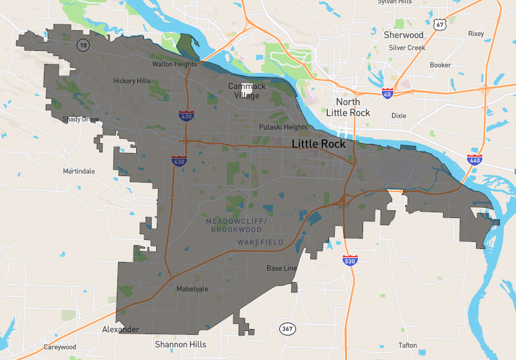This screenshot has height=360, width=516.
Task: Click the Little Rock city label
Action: pos(319,144)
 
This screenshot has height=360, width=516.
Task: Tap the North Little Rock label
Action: pos(348,108)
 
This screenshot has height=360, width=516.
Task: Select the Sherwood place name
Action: pos(404,35)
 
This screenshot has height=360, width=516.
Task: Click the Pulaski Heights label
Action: pos(283,127)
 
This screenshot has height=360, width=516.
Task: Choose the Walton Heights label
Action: pos(174,65)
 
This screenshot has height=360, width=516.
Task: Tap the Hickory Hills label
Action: pos(132,81)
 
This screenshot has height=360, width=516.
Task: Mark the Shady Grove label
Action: pos(81,119)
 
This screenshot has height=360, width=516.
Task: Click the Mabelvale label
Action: pos(192,289)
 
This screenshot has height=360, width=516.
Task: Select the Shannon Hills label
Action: pos(181,345)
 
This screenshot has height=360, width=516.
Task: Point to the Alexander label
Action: pos(121,330)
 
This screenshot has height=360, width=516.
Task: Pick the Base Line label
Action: pos(282,268)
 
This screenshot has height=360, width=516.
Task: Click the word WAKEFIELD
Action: pos(260,242)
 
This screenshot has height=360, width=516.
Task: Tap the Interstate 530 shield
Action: pos(350,260)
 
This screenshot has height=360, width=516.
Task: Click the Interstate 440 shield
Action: pos(474,159)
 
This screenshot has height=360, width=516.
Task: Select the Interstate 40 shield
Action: pos(388,94)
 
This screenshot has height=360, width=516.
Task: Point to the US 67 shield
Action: pos(440,25)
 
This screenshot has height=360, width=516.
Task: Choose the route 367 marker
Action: pos(288,329)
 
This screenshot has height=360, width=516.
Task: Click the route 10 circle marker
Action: pos(83,45)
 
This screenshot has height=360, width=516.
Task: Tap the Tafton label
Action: pos(408,345)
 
